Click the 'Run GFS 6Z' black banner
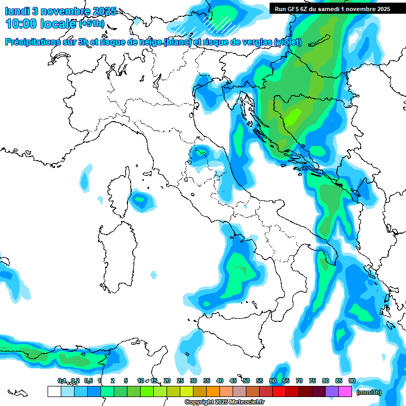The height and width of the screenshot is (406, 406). coord(333,8)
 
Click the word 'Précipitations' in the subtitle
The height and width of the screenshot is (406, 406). coord(35,42)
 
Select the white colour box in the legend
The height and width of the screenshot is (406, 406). coord(54,392)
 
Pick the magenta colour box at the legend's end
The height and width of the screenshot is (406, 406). coord(345,392)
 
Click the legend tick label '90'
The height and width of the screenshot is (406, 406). coord(352,381)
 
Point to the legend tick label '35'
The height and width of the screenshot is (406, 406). coord(207,381)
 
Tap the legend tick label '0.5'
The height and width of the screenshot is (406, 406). coord(88,381)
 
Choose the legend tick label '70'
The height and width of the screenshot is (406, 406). coord(299,381)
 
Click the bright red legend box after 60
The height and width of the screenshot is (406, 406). coord(279,392)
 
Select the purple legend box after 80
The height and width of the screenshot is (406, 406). coord(332,392)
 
